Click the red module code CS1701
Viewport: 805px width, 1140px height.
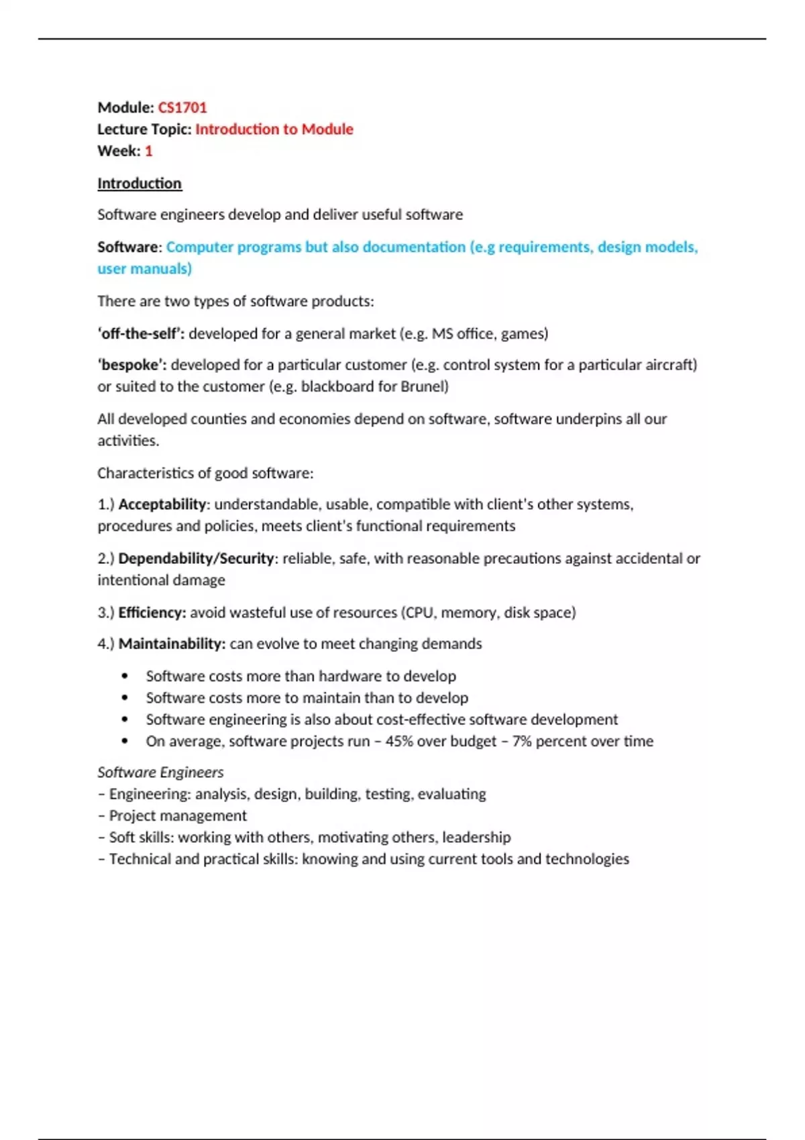pyautogui.click(x=182, y=107)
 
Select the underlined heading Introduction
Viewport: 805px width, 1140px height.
pyautogui.click(x=140, y=183)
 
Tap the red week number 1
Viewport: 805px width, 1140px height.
pyautogui.click(x=148, y=151)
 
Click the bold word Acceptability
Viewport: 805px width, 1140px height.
pyautogui.click(x=162, y=504)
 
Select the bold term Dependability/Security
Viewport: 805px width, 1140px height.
pyautogui.click(x=196, y=559)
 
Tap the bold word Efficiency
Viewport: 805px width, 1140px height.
pyautogui.click(x=152, y=612)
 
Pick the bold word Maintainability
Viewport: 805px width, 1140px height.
pyautogui.click(x=172, y=644)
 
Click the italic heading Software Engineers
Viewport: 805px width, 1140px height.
pyautogui.click(x=161, y=773)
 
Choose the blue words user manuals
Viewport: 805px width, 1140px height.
pyautogui.click(x=145, y=269)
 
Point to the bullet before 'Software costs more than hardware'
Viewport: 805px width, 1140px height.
pyautogui.click(x=125, y=676)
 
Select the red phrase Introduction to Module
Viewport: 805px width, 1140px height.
pyautogui.click(x=274, y=129)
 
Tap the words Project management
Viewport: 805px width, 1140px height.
pyautogui.click(x=178, y=816)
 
